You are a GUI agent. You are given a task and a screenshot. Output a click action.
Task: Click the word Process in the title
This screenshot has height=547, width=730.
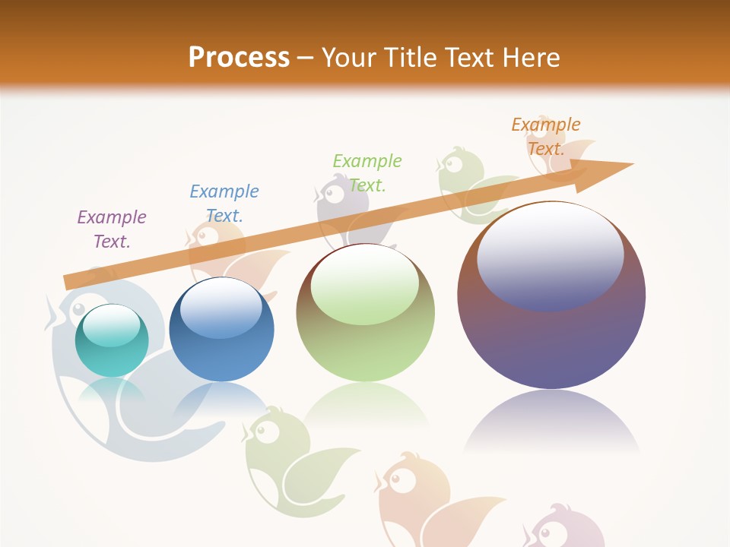coord(239,58)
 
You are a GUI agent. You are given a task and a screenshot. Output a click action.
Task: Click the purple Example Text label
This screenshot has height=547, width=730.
coord(112,229)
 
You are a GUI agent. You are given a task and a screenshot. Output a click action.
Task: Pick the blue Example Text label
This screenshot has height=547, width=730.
coord(224,204)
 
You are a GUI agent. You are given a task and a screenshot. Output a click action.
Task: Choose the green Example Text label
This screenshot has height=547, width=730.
coord(367,172)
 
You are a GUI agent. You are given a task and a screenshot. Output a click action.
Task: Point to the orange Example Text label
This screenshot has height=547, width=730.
coord(545,137)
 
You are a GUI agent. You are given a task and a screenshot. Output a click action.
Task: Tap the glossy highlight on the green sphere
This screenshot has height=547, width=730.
coord(364,281)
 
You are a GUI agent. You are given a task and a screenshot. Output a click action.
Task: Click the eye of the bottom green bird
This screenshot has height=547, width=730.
coord(261,431)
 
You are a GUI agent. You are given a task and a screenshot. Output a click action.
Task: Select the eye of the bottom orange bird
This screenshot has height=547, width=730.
coord(395,479)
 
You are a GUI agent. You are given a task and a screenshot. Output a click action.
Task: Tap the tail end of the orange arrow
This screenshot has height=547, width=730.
coord(68,282)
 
